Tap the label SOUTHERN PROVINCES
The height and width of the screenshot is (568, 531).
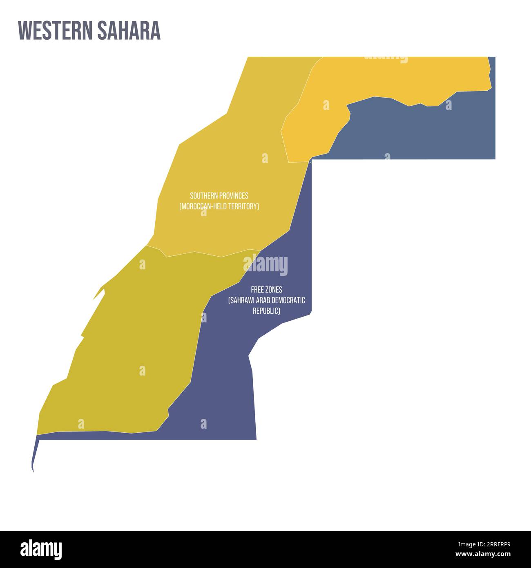point(219,196)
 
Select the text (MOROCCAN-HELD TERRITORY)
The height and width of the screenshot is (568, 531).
point(219,206)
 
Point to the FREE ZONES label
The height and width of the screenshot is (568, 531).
point(266,290)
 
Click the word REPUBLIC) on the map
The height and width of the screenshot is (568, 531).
point(266,311)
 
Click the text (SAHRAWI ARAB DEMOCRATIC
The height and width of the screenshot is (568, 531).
point(266,300)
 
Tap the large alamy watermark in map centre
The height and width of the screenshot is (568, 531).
point(265,265)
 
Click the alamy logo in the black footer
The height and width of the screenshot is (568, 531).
point(41,549)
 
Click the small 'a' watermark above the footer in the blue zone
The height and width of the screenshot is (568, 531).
point(203,424)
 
